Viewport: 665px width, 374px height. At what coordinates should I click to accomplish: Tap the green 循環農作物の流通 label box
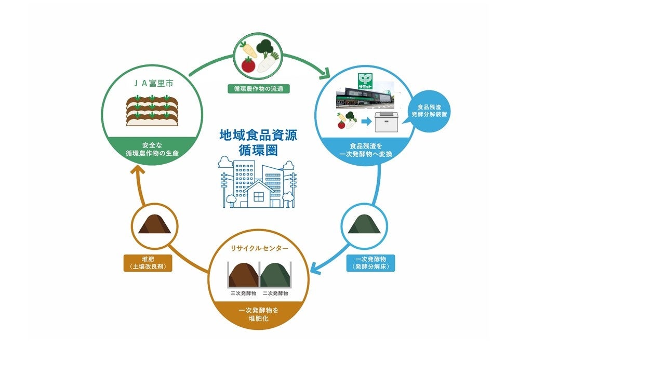[x=258, y=89]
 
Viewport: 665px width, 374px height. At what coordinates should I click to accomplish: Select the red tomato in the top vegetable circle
[x=248, y=64]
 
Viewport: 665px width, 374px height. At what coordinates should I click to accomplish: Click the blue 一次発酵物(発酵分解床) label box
[x=370, y=263]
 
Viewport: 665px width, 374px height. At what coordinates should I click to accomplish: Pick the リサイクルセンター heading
[x=259, y=248]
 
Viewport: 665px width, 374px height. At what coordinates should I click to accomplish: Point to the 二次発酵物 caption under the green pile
[x=275, y=293]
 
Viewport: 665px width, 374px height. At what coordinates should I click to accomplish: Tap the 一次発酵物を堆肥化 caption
[x=258, y=314]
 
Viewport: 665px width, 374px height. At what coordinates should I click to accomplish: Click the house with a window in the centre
[x=258, y=195]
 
